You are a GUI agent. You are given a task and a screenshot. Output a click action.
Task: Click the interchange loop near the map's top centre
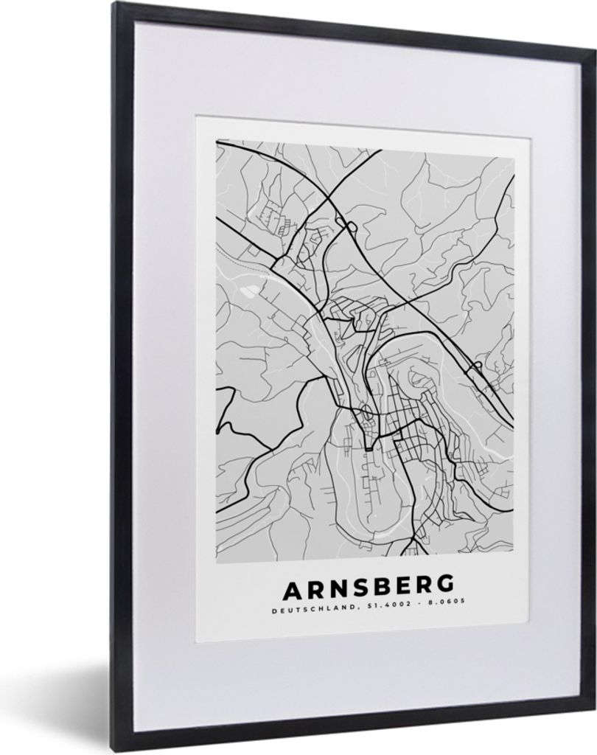(350, 226)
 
